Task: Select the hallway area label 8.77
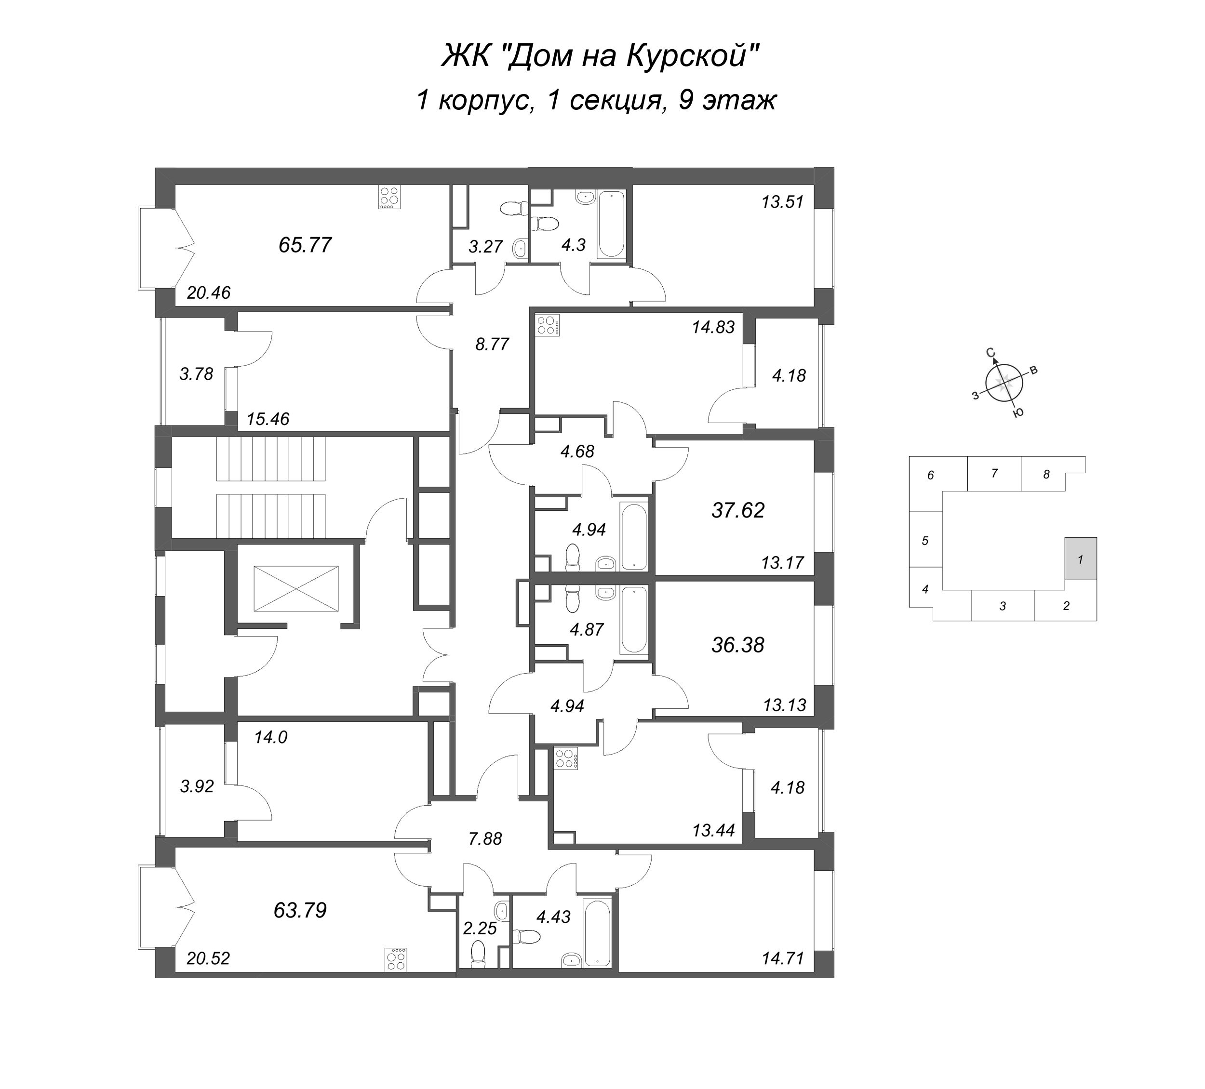[x=492, y=344]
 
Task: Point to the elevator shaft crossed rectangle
[x=296, y=589]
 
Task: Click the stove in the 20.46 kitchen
[x=389, y=198]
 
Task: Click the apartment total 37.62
[x=738, y=510]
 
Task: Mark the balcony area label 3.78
[x=197, y=374]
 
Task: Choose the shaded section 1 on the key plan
[x=1080, y=559]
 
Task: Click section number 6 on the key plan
[x=931, y=476]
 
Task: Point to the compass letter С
[x=990, y=353]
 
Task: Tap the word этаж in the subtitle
[x=739, y=100]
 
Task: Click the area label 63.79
[x=300, y=911]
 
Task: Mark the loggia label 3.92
[x=197, y=786]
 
